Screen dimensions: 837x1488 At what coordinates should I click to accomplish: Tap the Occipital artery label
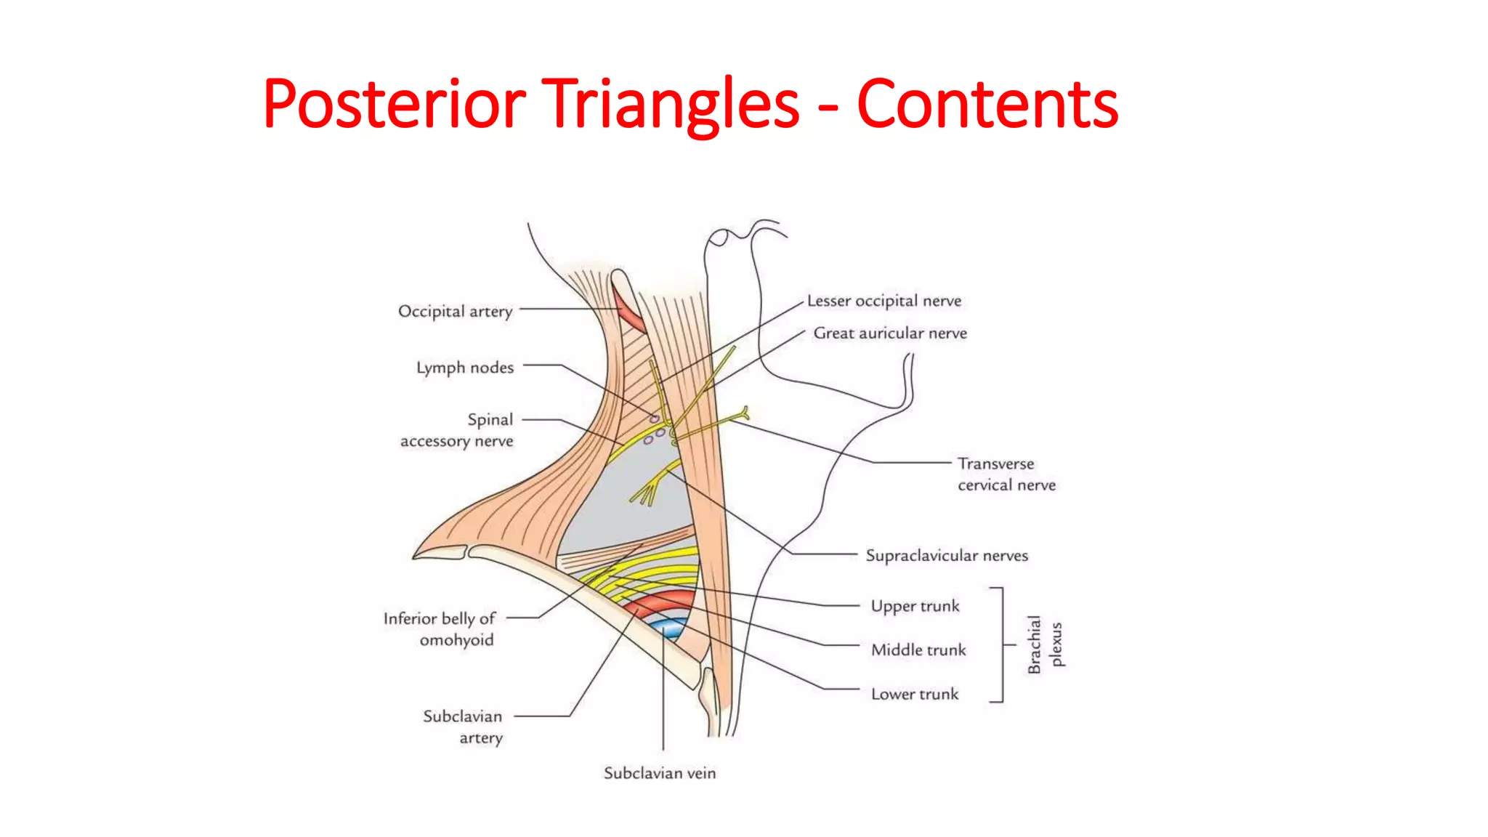pos(456,311)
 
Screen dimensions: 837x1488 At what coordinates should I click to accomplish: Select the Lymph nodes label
pos(465,367)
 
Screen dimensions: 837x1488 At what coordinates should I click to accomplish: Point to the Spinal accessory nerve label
pos(458,430)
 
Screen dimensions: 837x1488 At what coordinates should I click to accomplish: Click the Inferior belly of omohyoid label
pos(440,628)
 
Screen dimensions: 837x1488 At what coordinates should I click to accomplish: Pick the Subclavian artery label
pos(464,727)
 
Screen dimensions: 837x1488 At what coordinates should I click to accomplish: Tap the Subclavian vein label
pos(660,773)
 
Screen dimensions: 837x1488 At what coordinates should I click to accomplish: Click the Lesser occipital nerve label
pos(884,300)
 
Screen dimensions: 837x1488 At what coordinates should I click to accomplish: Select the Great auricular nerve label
pos(890,333)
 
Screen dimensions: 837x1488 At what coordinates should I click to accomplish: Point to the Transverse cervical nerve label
pos(1006,474)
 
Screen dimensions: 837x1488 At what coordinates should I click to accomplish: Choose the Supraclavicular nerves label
pos(947,555)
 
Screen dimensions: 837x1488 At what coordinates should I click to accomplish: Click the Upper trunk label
pos(915,606)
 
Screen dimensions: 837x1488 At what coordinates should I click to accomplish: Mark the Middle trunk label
pos(918,650)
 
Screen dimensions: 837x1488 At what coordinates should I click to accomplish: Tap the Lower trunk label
pos(915,694)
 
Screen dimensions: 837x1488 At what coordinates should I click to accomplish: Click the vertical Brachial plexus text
pos(1045,644)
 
